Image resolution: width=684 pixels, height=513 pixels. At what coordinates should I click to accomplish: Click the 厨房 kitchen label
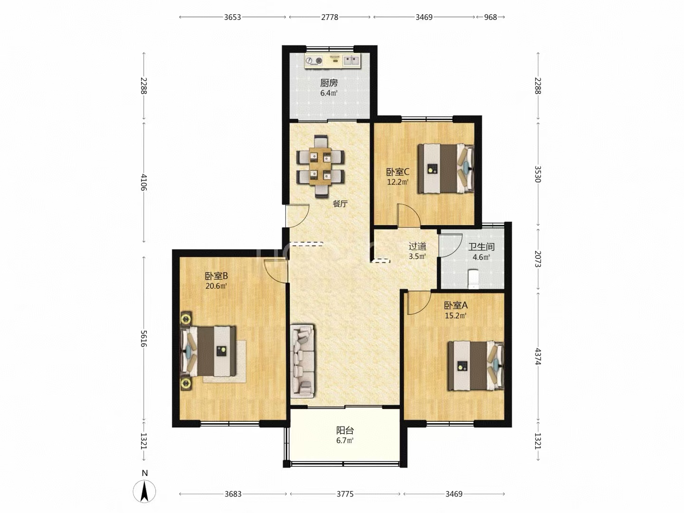(329, 83)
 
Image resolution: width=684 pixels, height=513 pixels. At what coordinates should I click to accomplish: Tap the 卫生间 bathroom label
(482, 247)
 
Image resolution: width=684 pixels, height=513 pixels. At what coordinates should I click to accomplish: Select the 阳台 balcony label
(345, 430)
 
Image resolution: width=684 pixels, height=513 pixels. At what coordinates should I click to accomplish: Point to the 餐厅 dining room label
(340, 204)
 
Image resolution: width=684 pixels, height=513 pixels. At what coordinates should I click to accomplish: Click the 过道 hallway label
(417, 247)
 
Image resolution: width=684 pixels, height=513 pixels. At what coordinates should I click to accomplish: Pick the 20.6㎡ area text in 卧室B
(216, 286)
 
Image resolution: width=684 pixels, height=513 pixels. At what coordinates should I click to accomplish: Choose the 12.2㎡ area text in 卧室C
(398, 182)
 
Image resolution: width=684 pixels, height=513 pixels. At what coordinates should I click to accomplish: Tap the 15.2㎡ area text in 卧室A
(456, 315)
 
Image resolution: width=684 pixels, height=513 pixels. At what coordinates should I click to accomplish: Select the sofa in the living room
(302, 361)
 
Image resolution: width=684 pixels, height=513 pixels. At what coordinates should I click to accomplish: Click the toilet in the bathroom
(474, 279)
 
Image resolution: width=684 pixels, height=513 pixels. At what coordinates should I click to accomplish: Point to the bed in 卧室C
(446, 168)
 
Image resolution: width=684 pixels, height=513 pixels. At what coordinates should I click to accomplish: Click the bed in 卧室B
(208, 351)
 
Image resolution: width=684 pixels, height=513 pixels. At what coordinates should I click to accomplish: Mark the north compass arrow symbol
(144, 492)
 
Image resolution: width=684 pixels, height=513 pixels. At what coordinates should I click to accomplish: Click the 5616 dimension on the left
(143, 338)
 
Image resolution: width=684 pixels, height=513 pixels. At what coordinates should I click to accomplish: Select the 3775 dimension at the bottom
(345, 494)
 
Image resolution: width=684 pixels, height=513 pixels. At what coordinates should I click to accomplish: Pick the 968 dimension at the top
(491, 17)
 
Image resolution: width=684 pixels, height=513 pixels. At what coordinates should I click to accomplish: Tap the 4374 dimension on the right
(538, 356)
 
